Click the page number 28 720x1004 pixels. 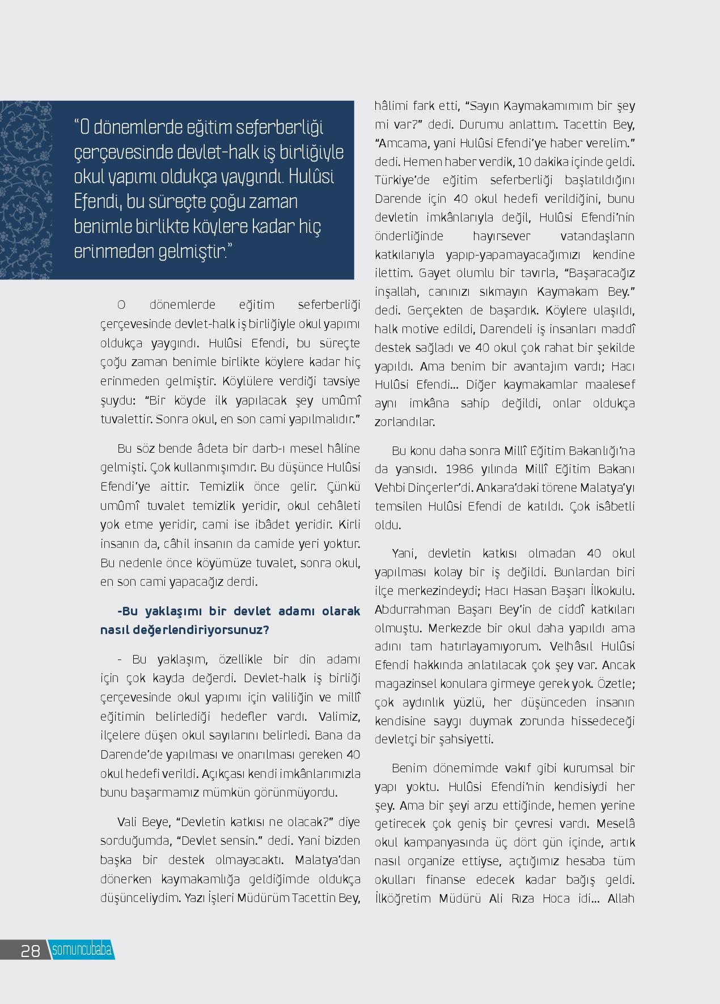point(30,950)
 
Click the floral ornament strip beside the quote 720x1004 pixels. point(26,190)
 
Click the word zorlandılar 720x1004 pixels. point(404,422)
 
